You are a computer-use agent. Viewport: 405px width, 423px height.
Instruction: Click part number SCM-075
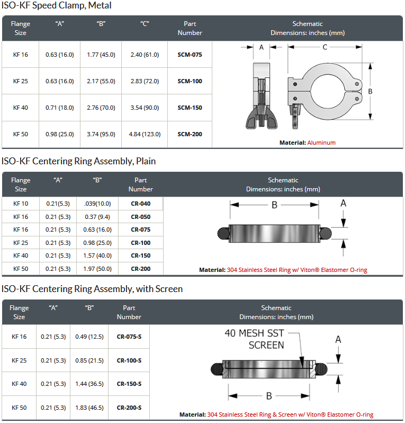(x=190, y=55)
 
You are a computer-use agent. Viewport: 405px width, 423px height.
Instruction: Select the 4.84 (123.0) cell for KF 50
(x=145, y=134)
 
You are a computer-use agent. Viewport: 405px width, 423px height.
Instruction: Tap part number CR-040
(x=141, y=204)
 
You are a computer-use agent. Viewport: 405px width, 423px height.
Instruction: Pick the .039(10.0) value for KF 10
(x=97, y=204)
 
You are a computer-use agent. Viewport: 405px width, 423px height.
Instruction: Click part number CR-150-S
(x=129, y=384)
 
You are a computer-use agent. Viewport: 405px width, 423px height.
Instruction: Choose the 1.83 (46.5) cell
(x=89, y=407)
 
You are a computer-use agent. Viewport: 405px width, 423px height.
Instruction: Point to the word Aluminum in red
(x=321, y=143)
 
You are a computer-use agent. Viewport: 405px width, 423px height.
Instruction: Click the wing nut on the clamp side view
(x=262, y=119)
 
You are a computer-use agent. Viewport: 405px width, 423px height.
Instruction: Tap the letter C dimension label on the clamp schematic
(x=325, y=47)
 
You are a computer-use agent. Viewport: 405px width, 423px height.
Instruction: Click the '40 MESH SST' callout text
(x=254, y=333)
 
